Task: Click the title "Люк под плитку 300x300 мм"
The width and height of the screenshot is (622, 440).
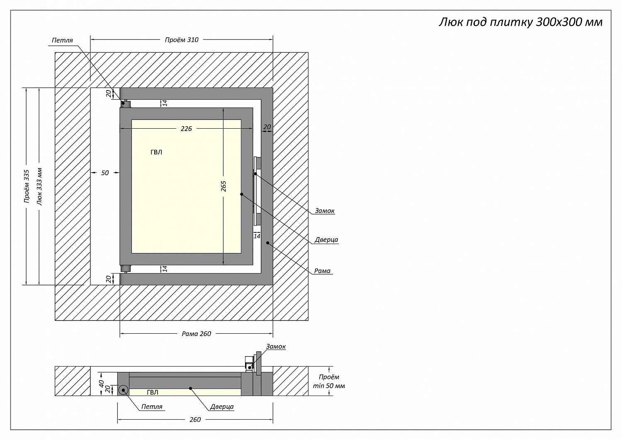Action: pos(520,22)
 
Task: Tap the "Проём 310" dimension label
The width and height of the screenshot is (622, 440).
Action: pos(182,40)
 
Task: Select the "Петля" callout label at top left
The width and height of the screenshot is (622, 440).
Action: pos(62,40)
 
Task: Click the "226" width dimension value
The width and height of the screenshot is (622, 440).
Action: pos(186,129)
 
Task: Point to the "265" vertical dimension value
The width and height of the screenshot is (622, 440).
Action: pos(224,186)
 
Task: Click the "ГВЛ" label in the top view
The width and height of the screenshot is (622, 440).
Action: pos(156,152)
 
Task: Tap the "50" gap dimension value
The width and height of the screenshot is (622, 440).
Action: pos(105,173)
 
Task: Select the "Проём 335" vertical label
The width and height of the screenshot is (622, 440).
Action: pos(27,186)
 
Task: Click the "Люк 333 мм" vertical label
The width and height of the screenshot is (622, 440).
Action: pos(39,186)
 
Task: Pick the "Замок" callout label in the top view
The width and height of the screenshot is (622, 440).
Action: pos(324,211)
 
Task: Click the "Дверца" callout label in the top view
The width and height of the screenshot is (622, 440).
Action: pos(326,240)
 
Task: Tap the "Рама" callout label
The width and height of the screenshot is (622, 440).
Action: pos(322,271)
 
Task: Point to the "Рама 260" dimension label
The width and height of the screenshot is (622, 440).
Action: pos(197,334)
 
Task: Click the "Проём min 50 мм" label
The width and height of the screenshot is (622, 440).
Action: pos(329,381)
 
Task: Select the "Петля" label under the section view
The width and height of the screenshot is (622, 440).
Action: pos(152,407)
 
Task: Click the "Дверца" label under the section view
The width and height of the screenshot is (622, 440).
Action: pos(222,407)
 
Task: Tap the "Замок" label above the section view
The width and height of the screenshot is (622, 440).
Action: pos(276,347)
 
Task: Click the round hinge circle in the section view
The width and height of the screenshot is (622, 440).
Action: pos(123,390)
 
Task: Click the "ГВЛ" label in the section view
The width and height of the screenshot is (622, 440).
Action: pos(152,392)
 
